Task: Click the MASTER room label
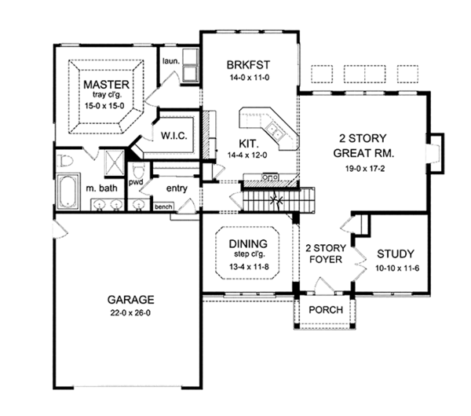pyautogui.click(x=106, y=85)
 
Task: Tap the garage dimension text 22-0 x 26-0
pyautogui.click(x=130, y=313)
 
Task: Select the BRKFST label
pyautogui.click(x=248, y=65)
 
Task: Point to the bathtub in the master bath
pyautogui.click(x=68, y=191)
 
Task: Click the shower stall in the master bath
pyautogui.click(x=114, y=162)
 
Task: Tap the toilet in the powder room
pyautogui.click(x=138, y=171)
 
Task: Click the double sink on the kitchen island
pyautogui.click(x=275, y=131)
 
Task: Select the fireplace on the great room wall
pyautogui.click(x=435, y=153)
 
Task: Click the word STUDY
pyautogui.click(x=396, y=254)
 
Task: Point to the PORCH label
pyautogui.click(x=326, y=310)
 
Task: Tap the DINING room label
pyautogui.click(x=248, y=243)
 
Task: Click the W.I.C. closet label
pyautogui.click(x=174, y=136)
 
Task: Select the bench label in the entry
pyautogui.click(x=163, y=206)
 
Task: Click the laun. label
pyautogui.click(x=171, y=61)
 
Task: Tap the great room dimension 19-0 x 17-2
pyautogui.click(x=365, y=169)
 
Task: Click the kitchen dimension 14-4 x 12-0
pyautogui.click(x=247, y=155)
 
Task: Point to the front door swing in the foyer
pyautogui.click(x=323, y=285)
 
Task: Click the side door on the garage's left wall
pyautogui.click(x=60, y=231)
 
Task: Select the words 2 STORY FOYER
pyautogui.click(x=326, y=254)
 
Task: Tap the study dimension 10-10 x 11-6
pyautogui.click(x=397, y=268)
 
